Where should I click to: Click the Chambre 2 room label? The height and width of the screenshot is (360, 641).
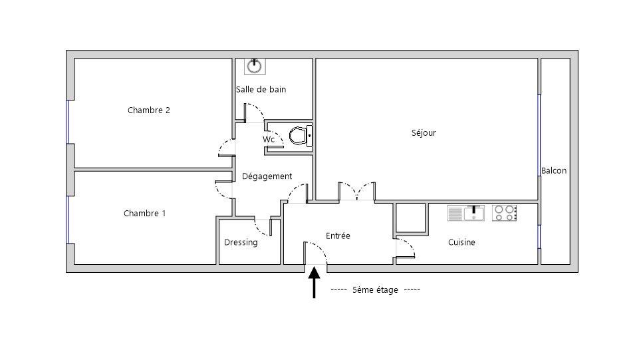coord(148,110)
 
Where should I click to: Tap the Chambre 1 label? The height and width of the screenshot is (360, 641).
coord(144,213)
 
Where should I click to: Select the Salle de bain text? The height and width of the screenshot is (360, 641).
coord(261,89)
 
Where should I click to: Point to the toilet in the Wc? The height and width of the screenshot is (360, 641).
coord(301,136)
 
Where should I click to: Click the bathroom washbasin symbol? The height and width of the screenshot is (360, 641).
coord(255,67)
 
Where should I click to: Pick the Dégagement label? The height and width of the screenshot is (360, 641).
coord(267,176)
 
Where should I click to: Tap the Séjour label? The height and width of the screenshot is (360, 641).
coord(424,133)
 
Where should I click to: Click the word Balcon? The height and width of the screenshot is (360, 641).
coord(554,170)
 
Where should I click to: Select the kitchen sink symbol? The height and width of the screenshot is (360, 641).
coord(466,213)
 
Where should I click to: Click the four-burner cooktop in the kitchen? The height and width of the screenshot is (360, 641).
coord(505,213)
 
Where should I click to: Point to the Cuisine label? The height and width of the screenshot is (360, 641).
coord(461,242)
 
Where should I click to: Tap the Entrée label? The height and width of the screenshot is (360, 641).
coord(338,236)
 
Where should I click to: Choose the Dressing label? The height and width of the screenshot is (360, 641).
coord(241,242)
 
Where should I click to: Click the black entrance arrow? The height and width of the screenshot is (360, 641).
coord(314,282)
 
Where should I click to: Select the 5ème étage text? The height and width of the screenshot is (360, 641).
coord(375,290)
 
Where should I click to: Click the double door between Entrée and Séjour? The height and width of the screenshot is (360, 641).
coord(357,192)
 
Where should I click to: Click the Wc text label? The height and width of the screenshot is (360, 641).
coord(269,140)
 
